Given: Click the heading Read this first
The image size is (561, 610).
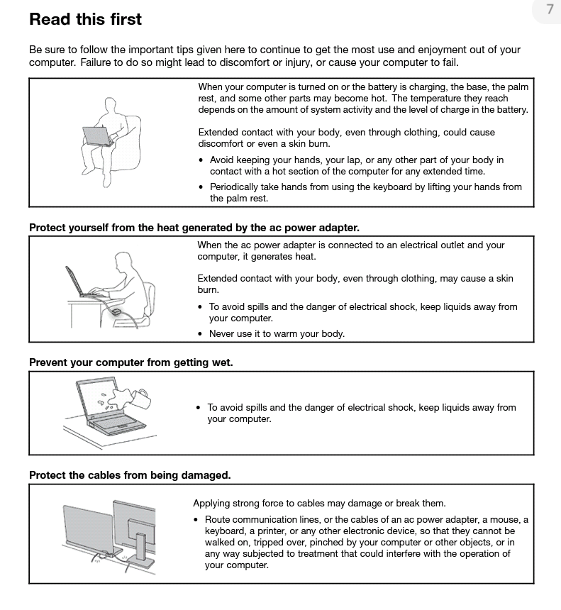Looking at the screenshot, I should click(85, 19).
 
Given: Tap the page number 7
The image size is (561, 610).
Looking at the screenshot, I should click(550, 9).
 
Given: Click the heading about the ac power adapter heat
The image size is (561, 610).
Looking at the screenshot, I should click(194, 228).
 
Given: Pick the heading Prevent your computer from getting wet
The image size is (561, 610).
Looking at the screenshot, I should click(130, 362).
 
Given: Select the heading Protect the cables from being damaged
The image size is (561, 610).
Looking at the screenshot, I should click(130, 475).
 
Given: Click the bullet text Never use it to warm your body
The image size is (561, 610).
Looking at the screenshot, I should click(277, 333).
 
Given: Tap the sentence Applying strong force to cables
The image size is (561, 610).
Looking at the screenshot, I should click(319, 504).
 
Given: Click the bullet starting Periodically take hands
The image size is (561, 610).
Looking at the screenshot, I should click(365, 192).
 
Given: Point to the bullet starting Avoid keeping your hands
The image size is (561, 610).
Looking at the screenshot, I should click(357, 165).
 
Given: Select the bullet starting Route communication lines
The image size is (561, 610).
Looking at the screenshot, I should click(366, 542).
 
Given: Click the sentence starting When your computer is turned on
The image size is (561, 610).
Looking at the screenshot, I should click(363, 98).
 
